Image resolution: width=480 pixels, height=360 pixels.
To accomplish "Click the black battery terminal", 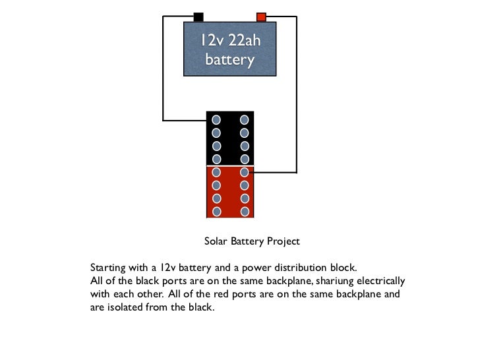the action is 198,17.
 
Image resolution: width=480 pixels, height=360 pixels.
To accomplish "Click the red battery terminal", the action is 261,17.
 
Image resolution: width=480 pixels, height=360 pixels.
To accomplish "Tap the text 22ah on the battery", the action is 244,41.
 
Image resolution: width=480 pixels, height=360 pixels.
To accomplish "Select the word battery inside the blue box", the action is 229,59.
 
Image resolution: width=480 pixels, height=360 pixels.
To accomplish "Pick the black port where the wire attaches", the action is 216,120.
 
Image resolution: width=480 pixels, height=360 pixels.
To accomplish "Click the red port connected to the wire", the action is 244,172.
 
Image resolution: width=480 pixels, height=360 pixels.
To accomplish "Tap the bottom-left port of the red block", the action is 216,212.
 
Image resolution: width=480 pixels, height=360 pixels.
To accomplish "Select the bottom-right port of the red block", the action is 245,212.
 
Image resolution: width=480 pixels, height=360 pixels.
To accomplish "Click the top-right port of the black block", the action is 244,120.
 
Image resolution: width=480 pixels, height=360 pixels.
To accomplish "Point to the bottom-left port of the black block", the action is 216,159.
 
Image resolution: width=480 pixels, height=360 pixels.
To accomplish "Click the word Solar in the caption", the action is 216,241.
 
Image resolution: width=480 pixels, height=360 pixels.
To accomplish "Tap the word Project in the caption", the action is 283,241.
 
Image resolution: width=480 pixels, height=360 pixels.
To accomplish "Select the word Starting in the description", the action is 107,268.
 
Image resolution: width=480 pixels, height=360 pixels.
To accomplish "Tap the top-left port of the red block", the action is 216,172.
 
